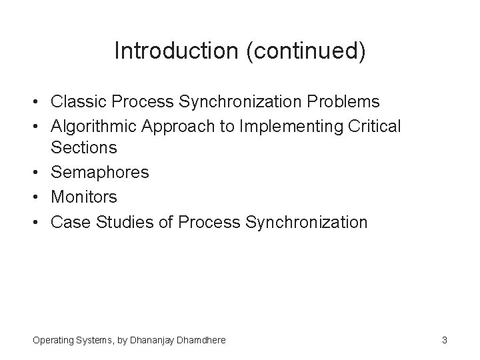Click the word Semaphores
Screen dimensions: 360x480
pos(100,173)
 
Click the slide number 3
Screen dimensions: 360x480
pos(444,341)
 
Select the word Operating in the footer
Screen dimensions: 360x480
pos(55,341)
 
